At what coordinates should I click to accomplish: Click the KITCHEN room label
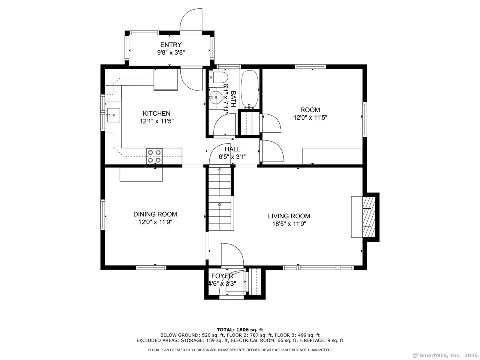pyautogui.click(x=156, y=114)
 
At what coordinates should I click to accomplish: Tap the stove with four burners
pyautogui.click(x=154, y=156)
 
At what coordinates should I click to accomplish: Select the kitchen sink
pyautogui.click(x=113, y=115)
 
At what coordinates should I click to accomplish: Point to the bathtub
pyautogui.click(x=250, y=89)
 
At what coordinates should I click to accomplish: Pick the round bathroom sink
pyautogui.click(x=215, y=97)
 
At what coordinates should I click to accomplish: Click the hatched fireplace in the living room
pyautogui.click(x=369, y=217)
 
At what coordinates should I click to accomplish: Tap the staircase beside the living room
pyautogui.click(x=220, y=199)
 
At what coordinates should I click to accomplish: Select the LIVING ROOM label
pyautogui.click(x=289, y=216)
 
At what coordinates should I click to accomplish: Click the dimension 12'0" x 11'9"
pyautogui.click(x=155, y=222)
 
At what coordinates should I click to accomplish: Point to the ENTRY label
pyautogui.click(x=171, y=45)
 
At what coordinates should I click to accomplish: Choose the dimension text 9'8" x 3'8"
pyautogui.click(x=171, y=53)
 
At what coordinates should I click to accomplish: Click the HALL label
pyautogui.click(x=232, y=149)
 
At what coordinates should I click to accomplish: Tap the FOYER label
pyautogui.click(x=222, y=276)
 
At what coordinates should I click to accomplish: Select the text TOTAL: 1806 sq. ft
pyautogui.click(x=240, y=330)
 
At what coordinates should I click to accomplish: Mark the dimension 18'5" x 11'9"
pyautogui.click(x=289, y=224)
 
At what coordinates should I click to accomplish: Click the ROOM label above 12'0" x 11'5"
pyautogui.click(x=310, y=110)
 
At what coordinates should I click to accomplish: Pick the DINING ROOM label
pyautogui.click(x=155, y=214)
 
